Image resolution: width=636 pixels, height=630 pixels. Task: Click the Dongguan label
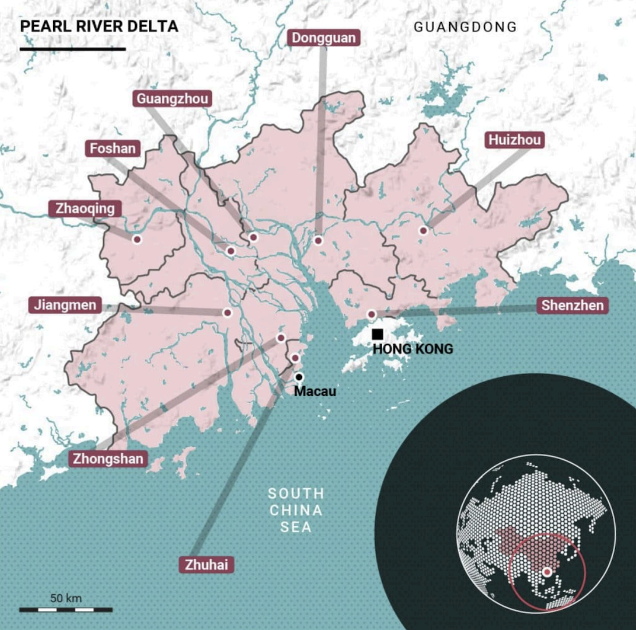pyautogui.click(x=324, y=38)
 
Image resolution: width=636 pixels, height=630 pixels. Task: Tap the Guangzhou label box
pyautogui.click(x=172, y=98)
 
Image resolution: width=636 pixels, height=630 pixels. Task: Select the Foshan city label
pyautogui.click(x=112, y=148)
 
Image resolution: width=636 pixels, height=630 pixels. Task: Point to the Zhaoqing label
pyautogui.click(x=85, y=208)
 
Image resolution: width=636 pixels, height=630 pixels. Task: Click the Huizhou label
pyautogui.click(x=515, y=140)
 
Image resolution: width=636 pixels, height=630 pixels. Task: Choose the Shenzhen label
pyautogui.click(x=572, y=305)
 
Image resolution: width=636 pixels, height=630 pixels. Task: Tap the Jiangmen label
pyautogui.click(x=65, y=305)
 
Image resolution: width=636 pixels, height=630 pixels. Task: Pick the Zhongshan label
pyautogui.click(x=108, y=459)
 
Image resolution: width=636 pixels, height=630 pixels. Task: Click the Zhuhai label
pyautogui.click(x=206, y=565)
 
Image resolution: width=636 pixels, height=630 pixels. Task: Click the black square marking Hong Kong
pyautogui.click(x=377, y=334)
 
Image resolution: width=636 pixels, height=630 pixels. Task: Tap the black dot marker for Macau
pyautogui.click(x=299, y=377)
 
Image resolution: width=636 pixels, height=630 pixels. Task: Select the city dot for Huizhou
pyautogui.click(x=423, y=230)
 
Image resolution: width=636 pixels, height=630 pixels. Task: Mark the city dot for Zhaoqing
pyautogui.click(x=137, y=239)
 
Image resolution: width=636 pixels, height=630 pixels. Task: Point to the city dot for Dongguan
pyautogui.click(x=318, y=241)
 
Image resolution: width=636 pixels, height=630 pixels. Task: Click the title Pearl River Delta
pyautogui.click(x=99, y=26)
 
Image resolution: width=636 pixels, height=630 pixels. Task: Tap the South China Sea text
pyautogui.click(x=296, y=510)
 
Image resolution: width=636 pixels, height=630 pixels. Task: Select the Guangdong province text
pyautogui.click(x=465, y=27)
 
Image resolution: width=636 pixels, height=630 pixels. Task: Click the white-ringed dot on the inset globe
pyautogui.click(x=547, y=573)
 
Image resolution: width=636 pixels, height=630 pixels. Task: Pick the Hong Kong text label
pyautogui.click(x=413, y=349)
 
